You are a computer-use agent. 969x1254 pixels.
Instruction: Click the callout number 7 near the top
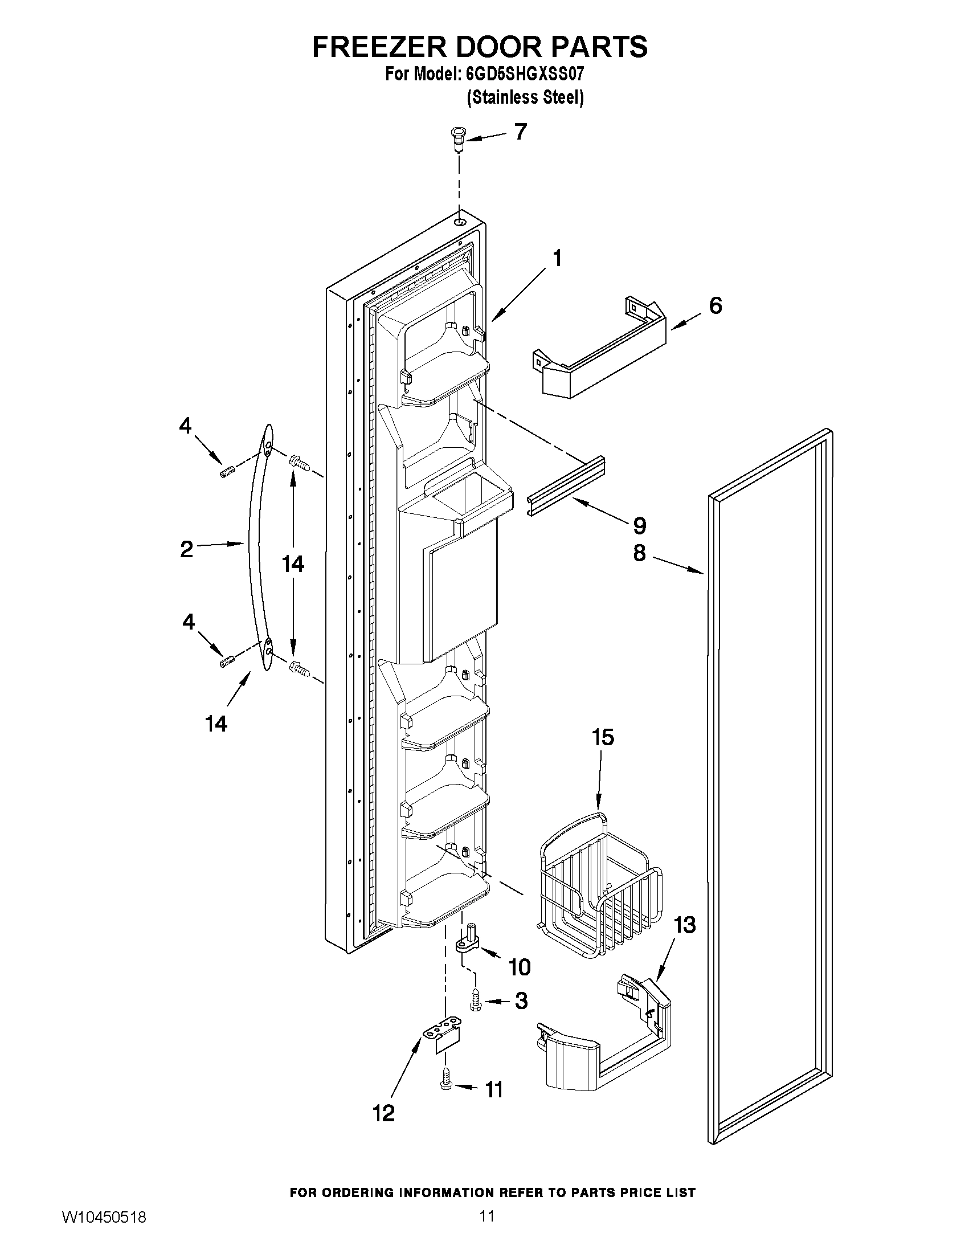pyautogui.click(x=520, y=132)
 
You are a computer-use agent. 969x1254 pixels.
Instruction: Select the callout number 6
pyautogui.click(x=715, y=306)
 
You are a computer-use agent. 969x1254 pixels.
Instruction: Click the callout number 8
pyautogui.click(x=640, y=553)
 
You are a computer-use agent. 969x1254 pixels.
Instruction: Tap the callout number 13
pyautogui.click(x=684, y=925)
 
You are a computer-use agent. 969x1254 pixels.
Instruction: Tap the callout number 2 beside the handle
pyautogui.click(x=187, y=549)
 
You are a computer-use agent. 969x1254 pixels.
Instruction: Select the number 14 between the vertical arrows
pyautogui.click(x=293, y=565)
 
